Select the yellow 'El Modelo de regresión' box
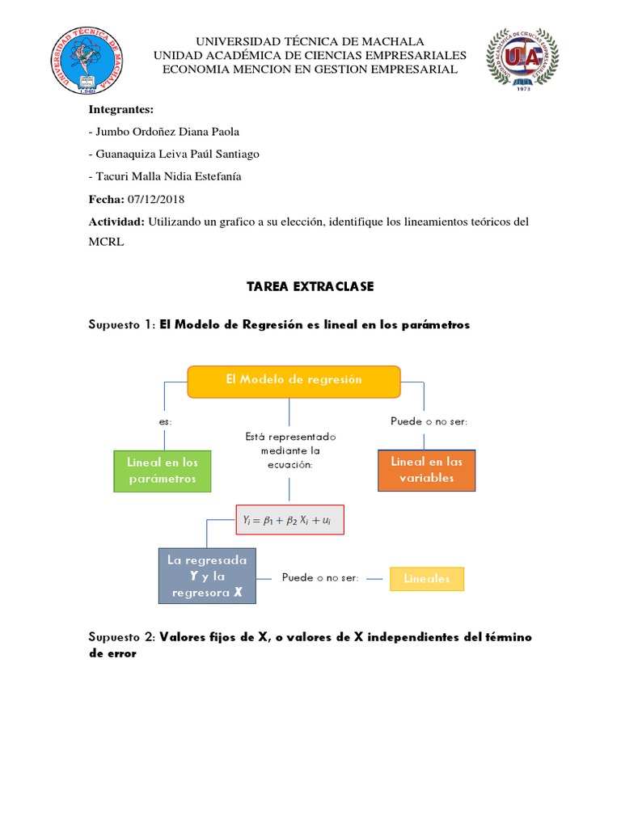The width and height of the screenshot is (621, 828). (294, 381)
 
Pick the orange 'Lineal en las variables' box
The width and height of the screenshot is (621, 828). (426, 470)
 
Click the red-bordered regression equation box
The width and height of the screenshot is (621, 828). (289, 520)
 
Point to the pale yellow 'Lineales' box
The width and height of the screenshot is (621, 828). (427, 579)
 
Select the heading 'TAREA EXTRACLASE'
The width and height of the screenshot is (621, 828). (310, 286)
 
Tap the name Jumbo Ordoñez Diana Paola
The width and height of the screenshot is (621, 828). (167, 131)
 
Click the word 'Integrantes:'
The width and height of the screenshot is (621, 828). (120, 109)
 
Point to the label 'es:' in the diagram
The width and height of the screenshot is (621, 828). (165, 421)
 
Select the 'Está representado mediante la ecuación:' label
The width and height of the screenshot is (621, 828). (289, 450)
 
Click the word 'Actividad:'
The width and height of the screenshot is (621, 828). (116, 222)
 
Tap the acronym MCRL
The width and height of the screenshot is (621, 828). (106, 242)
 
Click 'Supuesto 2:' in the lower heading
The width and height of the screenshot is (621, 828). (121, 637)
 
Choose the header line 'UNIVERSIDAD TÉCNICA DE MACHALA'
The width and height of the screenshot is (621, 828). (310, 41)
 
